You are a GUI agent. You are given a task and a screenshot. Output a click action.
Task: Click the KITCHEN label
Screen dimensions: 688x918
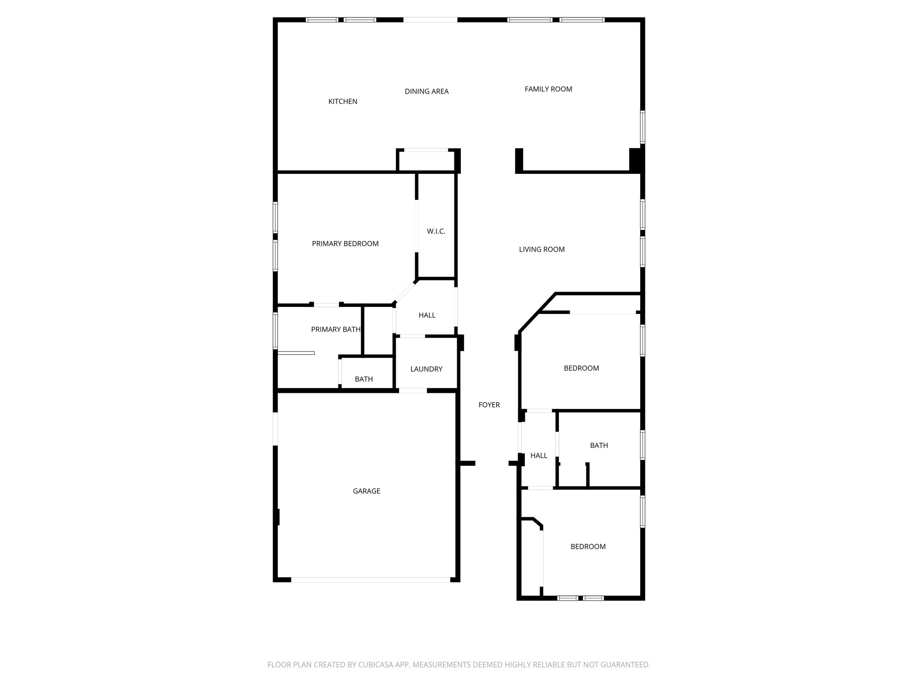(342, 102)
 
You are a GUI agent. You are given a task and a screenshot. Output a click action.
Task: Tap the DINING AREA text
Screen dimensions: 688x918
(426, 91)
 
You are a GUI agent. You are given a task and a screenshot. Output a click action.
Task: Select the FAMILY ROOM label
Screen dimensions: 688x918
(548, 89)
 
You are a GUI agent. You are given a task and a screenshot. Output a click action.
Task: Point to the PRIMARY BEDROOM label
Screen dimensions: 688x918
(345, 244)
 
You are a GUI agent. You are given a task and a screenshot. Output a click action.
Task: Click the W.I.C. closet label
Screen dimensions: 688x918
(436, 232)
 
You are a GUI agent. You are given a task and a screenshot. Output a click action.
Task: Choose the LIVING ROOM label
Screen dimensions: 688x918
(541, 249)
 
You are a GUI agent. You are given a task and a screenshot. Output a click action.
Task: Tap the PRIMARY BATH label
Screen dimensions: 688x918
(335, 330)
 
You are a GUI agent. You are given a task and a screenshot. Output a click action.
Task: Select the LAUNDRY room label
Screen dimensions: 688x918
(426, 369)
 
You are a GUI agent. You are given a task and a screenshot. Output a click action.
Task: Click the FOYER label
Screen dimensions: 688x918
(489, 405)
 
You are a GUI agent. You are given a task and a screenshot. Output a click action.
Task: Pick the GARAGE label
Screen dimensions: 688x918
(366, 491)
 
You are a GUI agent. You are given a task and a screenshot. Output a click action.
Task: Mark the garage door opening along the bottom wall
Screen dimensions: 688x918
(370, 580)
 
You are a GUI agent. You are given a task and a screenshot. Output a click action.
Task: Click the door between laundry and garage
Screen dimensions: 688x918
(413, 391)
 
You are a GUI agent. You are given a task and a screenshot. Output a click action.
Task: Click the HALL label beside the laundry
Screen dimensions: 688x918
(427, 315)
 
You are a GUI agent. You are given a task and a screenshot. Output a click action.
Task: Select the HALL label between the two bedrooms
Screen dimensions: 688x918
(538, 456)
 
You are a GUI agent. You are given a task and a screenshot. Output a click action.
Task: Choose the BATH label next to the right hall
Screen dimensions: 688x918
(598, 445)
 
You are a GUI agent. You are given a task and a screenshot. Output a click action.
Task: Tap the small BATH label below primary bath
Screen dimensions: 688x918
(364, 379)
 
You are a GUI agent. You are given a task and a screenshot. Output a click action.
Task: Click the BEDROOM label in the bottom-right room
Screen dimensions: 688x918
(588, 546)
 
